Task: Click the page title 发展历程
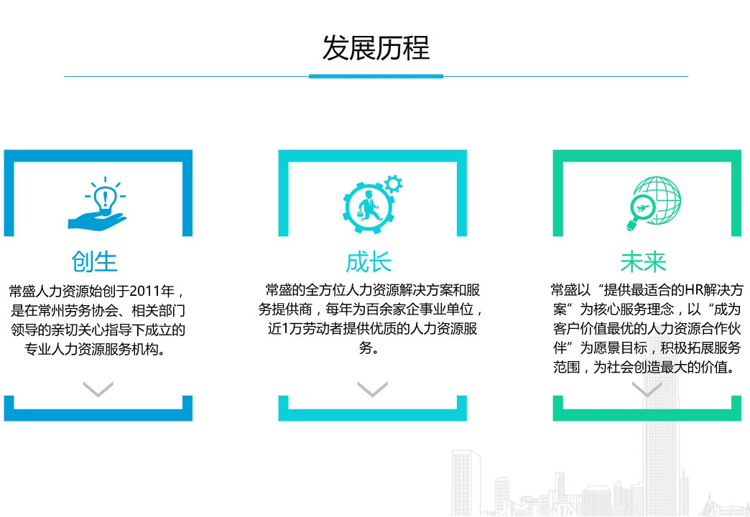point(376,48)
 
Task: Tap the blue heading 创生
point(94,262)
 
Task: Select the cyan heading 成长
point(369,262)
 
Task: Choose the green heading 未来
point(643,262)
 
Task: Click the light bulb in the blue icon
point(105,198)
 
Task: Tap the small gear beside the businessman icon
point(393,184)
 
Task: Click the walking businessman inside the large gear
point(368,206)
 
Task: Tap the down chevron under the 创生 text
point(98,388)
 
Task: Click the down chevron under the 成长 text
point(373,388)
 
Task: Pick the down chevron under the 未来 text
point(647,388)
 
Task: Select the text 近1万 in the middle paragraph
point(285,329)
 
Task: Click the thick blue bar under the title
point(376,76)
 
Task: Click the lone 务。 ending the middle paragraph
point(369,348)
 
